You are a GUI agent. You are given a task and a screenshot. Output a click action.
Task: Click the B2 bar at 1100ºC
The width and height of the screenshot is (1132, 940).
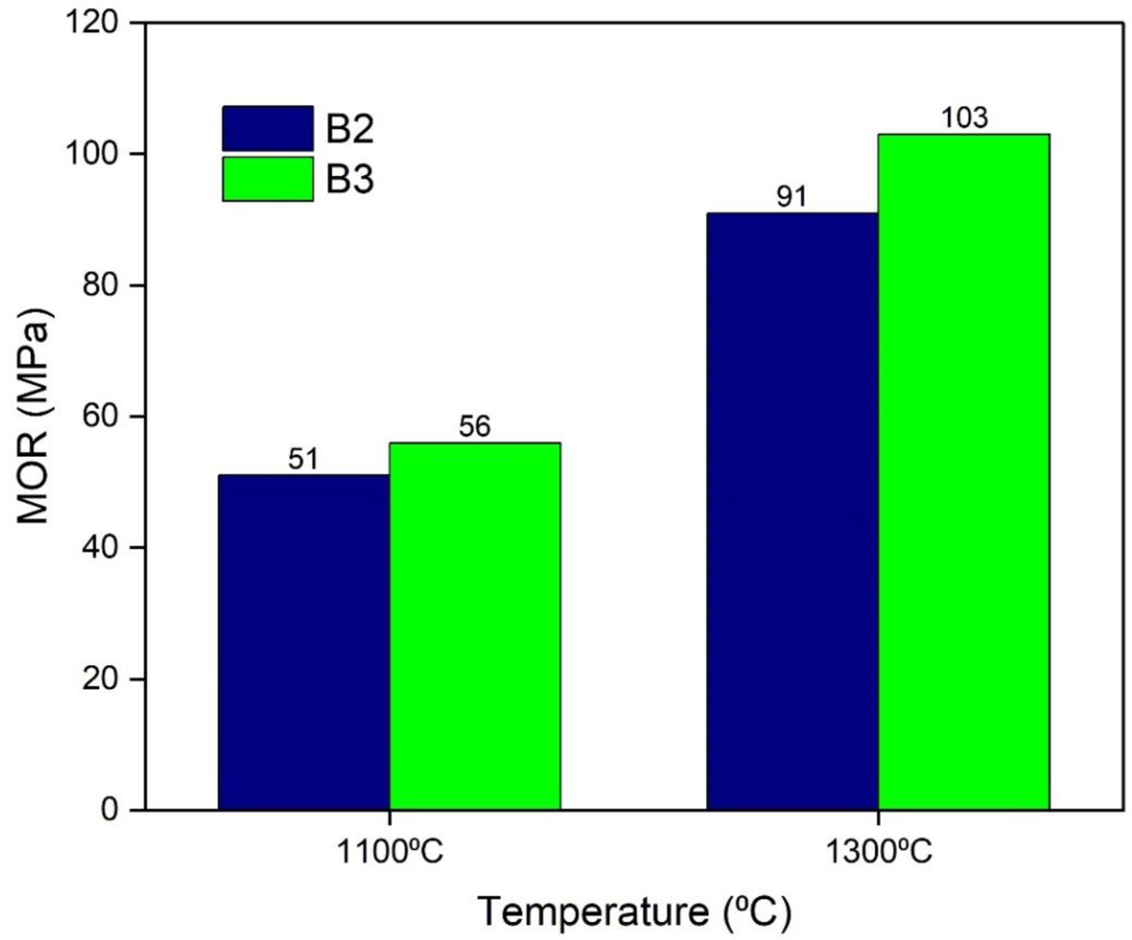point(304,642)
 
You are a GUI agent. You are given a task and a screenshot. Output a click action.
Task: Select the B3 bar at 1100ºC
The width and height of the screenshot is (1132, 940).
point(474,626)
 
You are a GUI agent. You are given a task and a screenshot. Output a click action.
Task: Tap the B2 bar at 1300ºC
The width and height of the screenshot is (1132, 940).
point(792,511)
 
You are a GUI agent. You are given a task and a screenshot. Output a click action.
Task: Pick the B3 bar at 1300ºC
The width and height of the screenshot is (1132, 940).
point(963,471)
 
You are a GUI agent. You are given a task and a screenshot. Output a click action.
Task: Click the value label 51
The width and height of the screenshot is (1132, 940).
point(304,460)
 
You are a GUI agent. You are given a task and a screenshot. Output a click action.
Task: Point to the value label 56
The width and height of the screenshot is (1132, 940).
point(474,426)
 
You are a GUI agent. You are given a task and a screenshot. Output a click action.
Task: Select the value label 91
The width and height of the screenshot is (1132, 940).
point(792,197)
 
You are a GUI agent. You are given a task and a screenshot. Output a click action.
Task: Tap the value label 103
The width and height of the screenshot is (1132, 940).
point(963,118)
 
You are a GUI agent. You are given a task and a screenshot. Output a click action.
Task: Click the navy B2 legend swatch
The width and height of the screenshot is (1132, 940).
point(268,128)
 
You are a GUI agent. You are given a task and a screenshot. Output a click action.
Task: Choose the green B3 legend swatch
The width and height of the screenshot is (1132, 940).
point(268,180)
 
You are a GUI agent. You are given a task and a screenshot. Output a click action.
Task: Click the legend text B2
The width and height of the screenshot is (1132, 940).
point(349,129)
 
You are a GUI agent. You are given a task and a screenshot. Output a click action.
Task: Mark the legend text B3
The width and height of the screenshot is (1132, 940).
point(349,180)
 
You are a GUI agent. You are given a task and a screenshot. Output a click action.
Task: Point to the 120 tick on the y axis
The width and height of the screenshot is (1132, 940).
point(93,22)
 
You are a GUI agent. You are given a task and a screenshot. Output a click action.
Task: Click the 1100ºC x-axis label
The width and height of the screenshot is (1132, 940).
point(389,850)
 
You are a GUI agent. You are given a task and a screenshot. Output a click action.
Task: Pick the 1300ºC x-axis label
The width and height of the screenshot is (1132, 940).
point(878,850)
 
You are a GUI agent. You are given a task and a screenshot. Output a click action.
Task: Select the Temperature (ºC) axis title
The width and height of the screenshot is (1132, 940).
point(633,912)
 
